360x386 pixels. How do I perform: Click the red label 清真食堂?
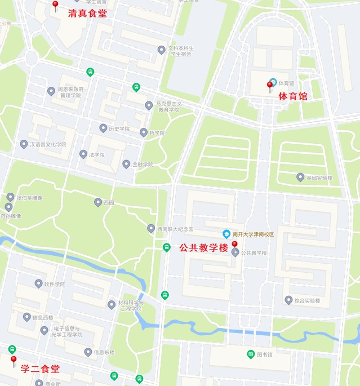click(x=87, y=13)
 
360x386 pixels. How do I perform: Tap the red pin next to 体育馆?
click(x=270, y=86)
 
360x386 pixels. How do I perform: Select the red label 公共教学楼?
click(x=203, y=247)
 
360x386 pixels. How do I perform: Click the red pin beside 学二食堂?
click(x=14, y=361)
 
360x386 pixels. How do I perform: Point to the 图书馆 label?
click(x=265, y=354)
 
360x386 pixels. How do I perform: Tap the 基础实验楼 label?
click(x=319, y=178)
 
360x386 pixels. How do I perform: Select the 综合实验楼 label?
click(x=307, y=301)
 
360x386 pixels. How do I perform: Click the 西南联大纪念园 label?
click(x=175, y=229)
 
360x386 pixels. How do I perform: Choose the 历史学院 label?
click(x=119, y=128)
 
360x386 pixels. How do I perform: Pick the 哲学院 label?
click(x=157, y=133)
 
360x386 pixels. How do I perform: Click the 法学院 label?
click(x=96, y=154)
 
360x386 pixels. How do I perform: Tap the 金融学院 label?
click(x=143, y=165)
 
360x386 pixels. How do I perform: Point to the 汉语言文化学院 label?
click(x=48, y=144)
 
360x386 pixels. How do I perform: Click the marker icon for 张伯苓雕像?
click(x=10, y=197)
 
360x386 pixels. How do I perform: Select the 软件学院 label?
click(x=55, y=284)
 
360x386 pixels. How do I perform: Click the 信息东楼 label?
click(x=104, y=352)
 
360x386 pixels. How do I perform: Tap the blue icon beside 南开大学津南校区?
click(x=226, y=234)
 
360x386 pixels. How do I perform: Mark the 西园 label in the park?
click(x=108, y=202)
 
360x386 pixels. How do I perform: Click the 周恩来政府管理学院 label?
click(x=72, y=92)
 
